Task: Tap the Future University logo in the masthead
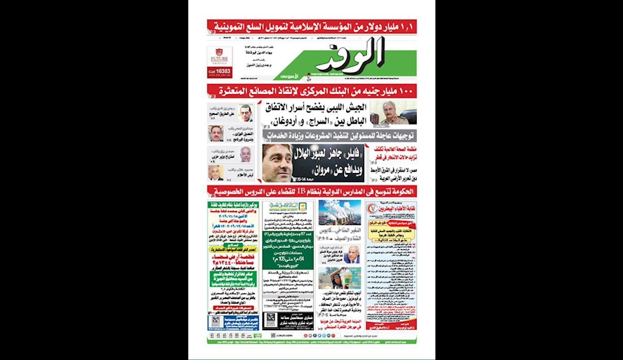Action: pos(219,55)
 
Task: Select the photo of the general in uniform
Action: pos(397,113)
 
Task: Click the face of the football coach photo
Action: pos(277,163)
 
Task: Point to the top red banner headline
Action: pos(312,27)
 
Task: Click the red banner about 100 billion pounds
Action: pos(312,90)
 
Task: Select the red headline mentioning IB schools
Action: pos(312,190)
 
